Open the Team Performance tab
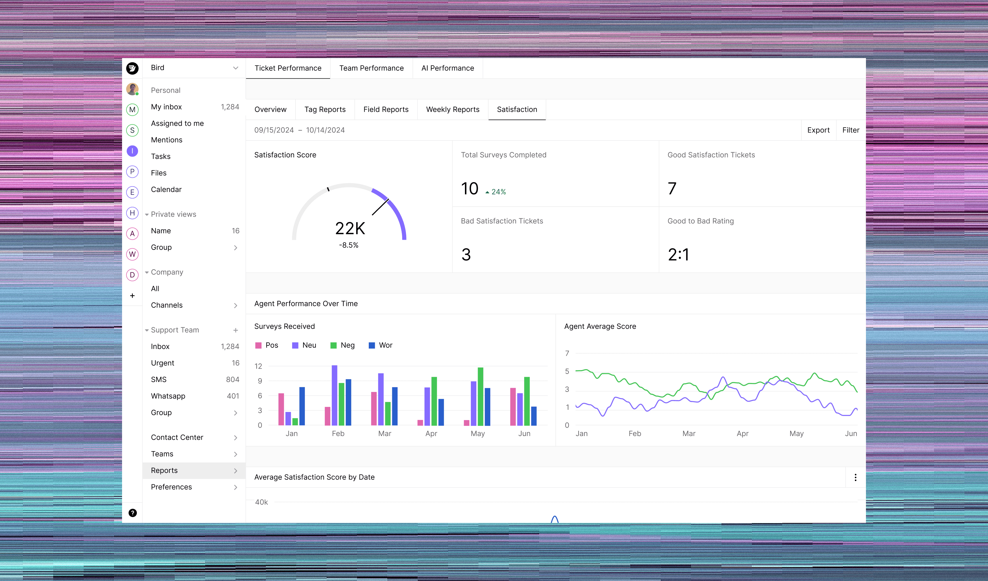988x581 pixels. tap(371, 68)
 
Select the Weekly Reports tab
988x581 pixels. tap(452, 110)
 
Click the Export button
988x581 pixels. tap(818, 130)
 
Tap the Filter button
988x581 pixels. tap(851, 130)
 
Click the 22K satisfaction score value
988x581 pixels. tap(350, 228)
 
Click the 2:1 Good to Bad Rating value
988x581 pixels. tap(678, 255)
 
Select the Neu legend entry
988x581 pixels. tap(304, 345)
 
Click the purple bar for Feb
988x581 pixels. tap(334, 395)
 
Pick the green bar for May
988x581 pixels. tap(480, 396)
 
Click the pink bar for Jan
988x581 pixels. tap(281, 409)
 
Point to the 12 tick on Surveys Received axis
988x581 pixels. tap(258, 366)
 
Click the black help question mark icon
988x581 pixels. tap(133, 513)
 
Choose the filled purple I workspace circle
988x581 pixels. tap(133, 151)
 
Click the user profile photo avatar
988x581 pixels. tap(133, 89)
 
